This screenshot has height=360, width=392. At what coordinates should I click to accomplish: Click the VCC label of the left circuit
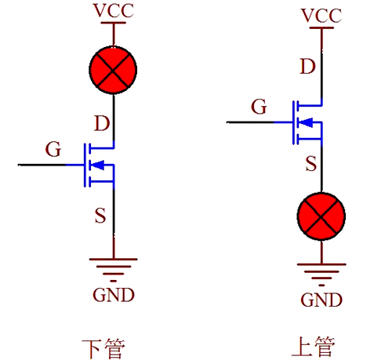coord(114,10)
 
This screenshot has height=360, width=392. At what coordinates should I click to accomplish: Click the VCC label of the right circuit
coord(322,16)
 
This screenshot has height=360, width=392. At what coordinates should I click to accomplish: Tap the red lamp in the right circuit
coord(322,216)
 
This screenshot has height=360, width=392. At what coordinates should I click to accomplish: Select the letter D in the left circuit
coord(101,123)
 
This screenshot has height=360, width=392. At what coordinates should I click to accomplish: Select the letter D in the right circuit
coord(308,66)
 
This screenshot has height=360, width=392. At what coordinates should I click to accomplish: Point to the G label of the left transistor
coord(53,148)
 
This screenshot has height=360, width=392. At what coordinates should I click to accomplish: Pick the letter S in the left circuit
coord(100,215)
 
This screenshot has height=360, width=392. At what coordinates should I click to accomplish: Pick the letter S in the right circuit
coord(310,164)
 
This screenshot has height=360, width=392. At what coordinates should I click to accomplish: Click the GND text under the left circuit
coord(114,295)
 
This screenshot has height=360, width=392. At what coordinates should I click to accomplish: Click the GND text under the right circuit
coord(321,300)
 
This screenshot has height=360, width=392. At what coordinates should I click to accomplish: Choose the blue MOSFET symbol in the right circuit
coord(307,122)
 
